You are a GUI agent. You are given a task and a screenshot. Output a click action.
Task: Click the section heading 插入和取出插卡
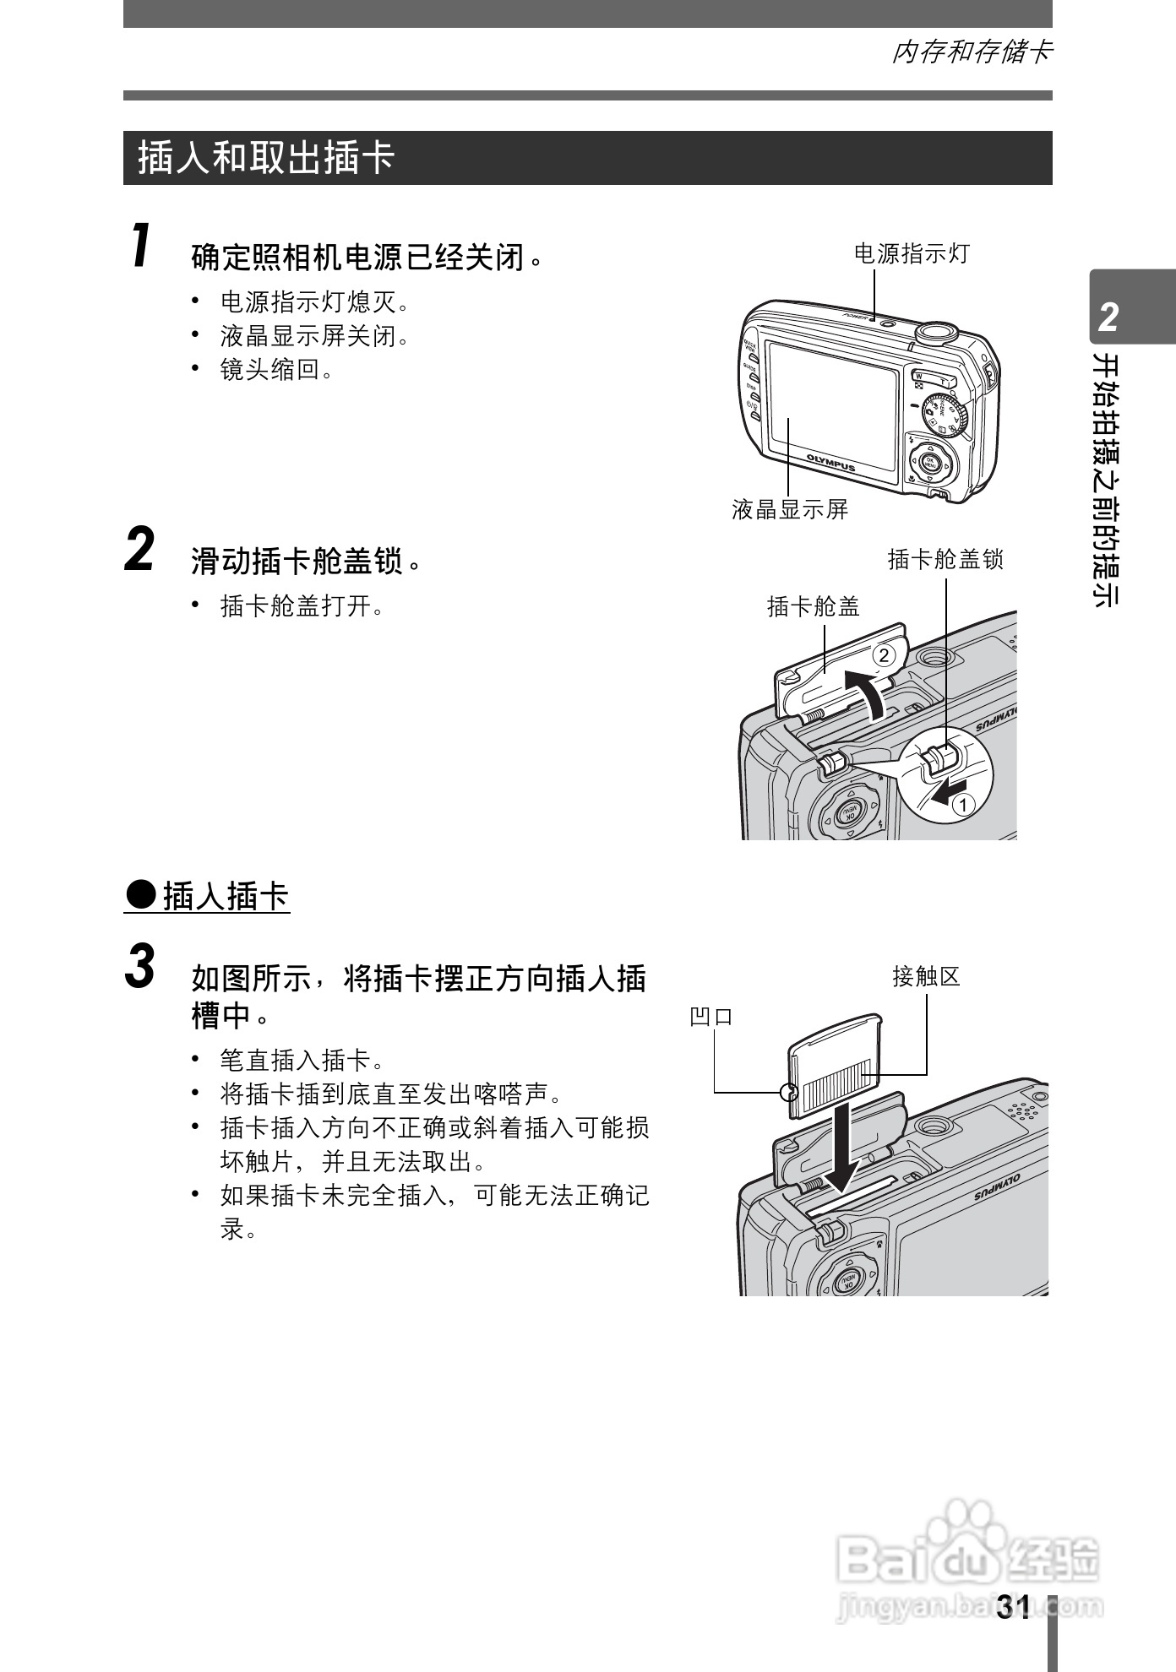266,158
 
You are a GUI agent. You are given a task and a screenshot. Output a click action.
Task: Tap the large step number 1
141,246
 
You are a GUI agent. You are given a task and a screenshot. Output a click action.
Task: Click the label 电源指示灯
912,253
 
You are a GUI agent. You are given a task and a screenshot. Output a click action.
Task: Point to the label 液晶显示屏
790,509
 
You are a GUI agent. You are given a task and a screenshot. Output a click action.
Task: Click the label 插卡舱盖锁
945,559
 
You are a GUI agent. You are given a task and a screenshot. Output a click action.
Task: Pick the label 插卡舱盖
813,606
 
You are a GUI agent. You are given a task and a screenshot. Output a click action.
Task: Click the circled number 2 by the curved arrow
883,654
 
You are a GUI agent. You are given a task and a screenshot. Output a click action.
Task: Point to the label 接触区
926,977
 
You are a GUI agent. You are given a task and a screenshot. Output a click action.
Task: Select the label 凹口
711,1017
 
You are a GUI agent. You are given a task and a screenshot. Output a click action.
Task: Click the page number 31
1013,1607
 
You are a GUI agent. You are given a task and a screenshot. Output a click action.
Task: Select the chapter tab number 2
1108,318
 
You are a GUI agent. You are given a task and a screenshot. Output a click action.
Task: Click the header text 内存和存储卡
972,52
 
